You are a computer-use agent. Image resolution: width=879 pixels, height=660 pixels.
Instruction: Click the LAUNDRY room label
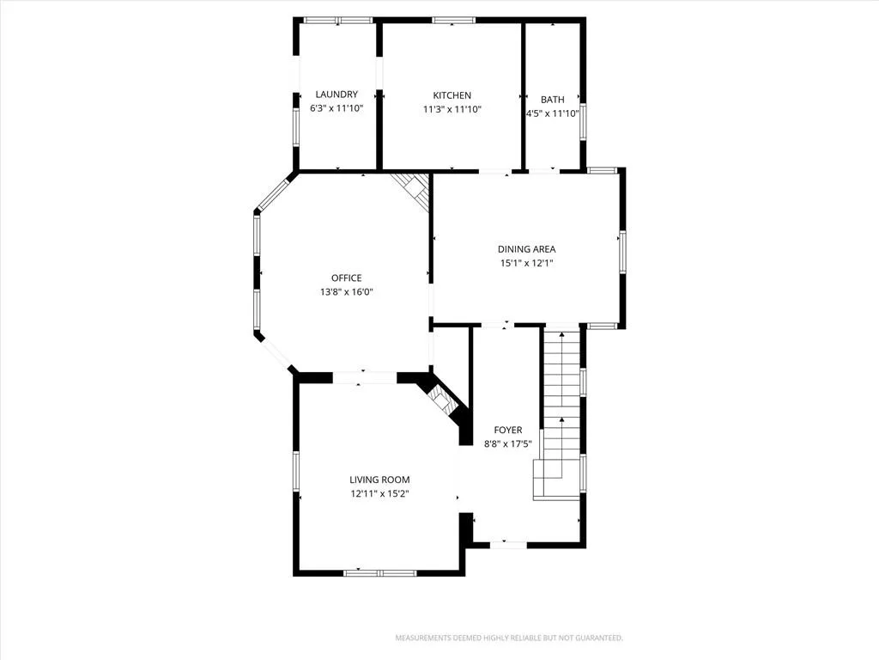[x=336, y=95]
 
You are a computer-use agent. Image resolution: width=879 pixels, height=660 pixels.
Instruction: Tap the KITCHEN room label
[x=452, y=95]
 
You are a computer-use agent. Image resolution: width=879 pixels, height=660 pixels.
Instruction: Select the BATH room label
[x=552, y=100]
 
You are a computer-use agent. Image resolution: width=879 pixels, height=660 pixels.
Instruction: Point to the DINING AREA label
[x=526, y=249]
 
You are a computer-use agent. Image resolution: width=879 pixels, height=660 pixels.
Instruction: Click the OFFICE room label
[x=347, y=278]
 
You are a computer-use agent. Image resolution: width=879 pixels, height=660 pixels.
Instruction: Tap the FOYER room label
[x=508, y=430]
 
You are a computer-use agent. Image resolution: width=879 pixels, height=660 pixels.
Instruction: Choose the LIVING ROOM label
[x=379, y=480]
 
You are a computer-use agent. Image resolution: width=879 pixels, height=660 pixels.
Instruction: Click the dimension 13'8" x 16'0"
[x=347, y=292]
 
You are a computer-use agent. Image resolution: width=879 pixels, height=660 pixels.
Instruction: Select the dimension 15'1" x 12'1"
[x=526, y=263]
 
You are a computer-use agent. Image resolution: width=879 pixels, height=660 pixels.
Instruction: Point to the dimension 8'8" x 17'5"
[x=508, y=444]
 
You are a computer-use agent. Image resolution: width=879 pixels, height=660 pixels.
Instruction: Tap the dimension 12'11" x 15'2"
[x=379, y=494]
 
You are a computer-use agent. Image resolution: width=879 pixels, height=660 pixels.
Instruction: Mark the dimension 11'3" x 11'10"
[x=452, y=109]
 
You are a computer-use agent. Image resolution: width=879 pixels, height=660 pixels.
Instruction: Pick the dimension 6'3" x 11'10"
[x=336, y=108]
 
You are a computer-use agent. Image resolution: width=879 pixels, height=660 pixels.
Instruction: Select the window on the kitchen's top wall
[x=453, y=21]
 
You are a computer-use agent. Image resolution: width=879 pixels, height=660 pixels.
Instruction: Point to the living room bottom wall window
[x=379, y=573]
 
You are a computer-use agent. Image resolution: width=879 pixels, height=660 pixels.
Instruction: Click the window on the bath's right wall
[x=583, y=121]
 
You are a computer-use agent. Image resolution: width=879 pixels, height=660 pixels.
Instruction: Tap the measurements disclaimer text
[x=509, y=639]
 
